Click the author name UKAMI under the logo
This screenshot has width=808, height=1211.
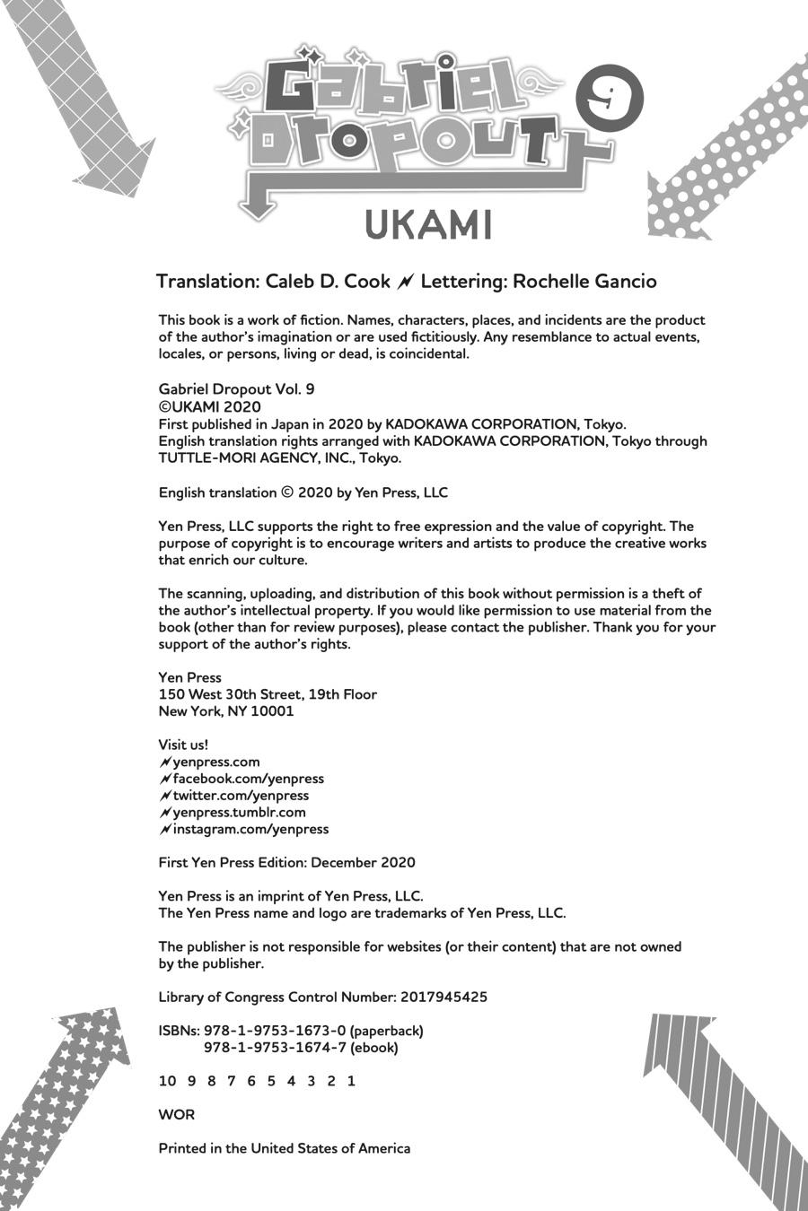pyautogui.click(x=428, y=226)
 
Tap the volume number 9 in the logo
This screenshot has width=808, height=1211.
pyautogui.click(x=614, y=98)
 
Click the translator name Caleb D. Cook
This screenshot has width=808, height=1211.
pyautogui.click(x=328, y=282)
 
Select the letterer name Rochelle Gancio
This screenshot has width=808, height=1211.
pyautogui.click(x=584, y=282)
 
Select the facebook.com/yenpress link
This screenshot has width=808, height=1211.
pyautogui.click(x=248, y=779)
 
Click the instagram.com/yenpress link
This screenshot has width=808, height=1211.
pyautogui.click(x=250, y=830)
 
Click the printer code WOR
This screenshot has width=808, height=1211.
pyautogui.click(x=176, y=1115)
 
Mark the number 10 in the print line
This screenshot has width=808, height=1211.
pyautogui.click(x=167, y=1081)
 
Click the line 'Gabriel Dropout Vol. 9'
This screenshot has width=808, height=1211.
pyautogui.click(x=236, y=390)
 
